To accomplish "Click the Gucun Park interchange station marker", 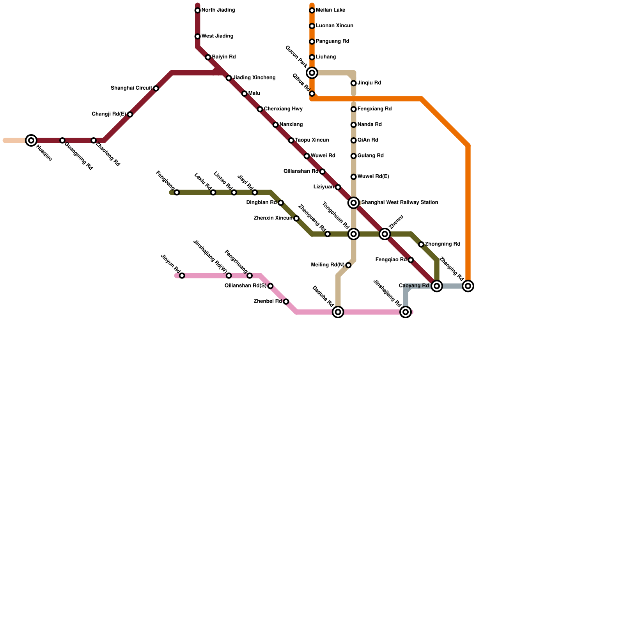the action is click(312, 73).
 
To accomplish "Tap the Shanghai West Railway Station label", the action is click(399, 203).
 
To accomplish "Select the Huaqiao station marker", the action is click(31, 140).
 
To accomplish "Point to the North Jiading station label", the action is click(218, 10).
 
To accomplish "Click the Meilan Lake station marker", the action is click(312, 11).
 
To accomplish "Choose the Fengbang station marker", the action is click(177, 193).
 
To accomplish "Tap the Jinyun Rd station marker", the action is click(182, 276).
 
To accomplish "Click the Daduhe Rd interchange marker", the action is click(338, 312).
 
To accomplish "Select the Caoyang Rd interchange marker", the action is click(437, 286).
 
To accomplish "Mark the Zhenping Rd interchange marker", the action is click(468, 286).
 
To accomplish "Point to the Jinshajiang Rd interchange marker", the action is click(406, 312).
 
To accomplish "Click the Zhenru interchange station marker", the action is click(385, 234).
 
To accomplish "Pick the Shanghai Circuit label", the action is click(131, 89).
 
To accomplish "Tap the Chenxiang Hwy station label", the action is click(283, 109).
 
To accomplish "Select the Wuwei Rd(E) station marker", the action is click(353, 177).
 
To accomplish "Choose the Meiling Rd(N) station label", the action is click(328, 265).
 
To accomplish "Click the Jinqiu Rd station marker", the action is click(353, 83).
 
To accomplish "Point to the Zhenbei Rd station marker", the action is click(286, 302).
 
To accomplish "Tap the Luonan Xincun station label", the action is click(335, 26).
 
